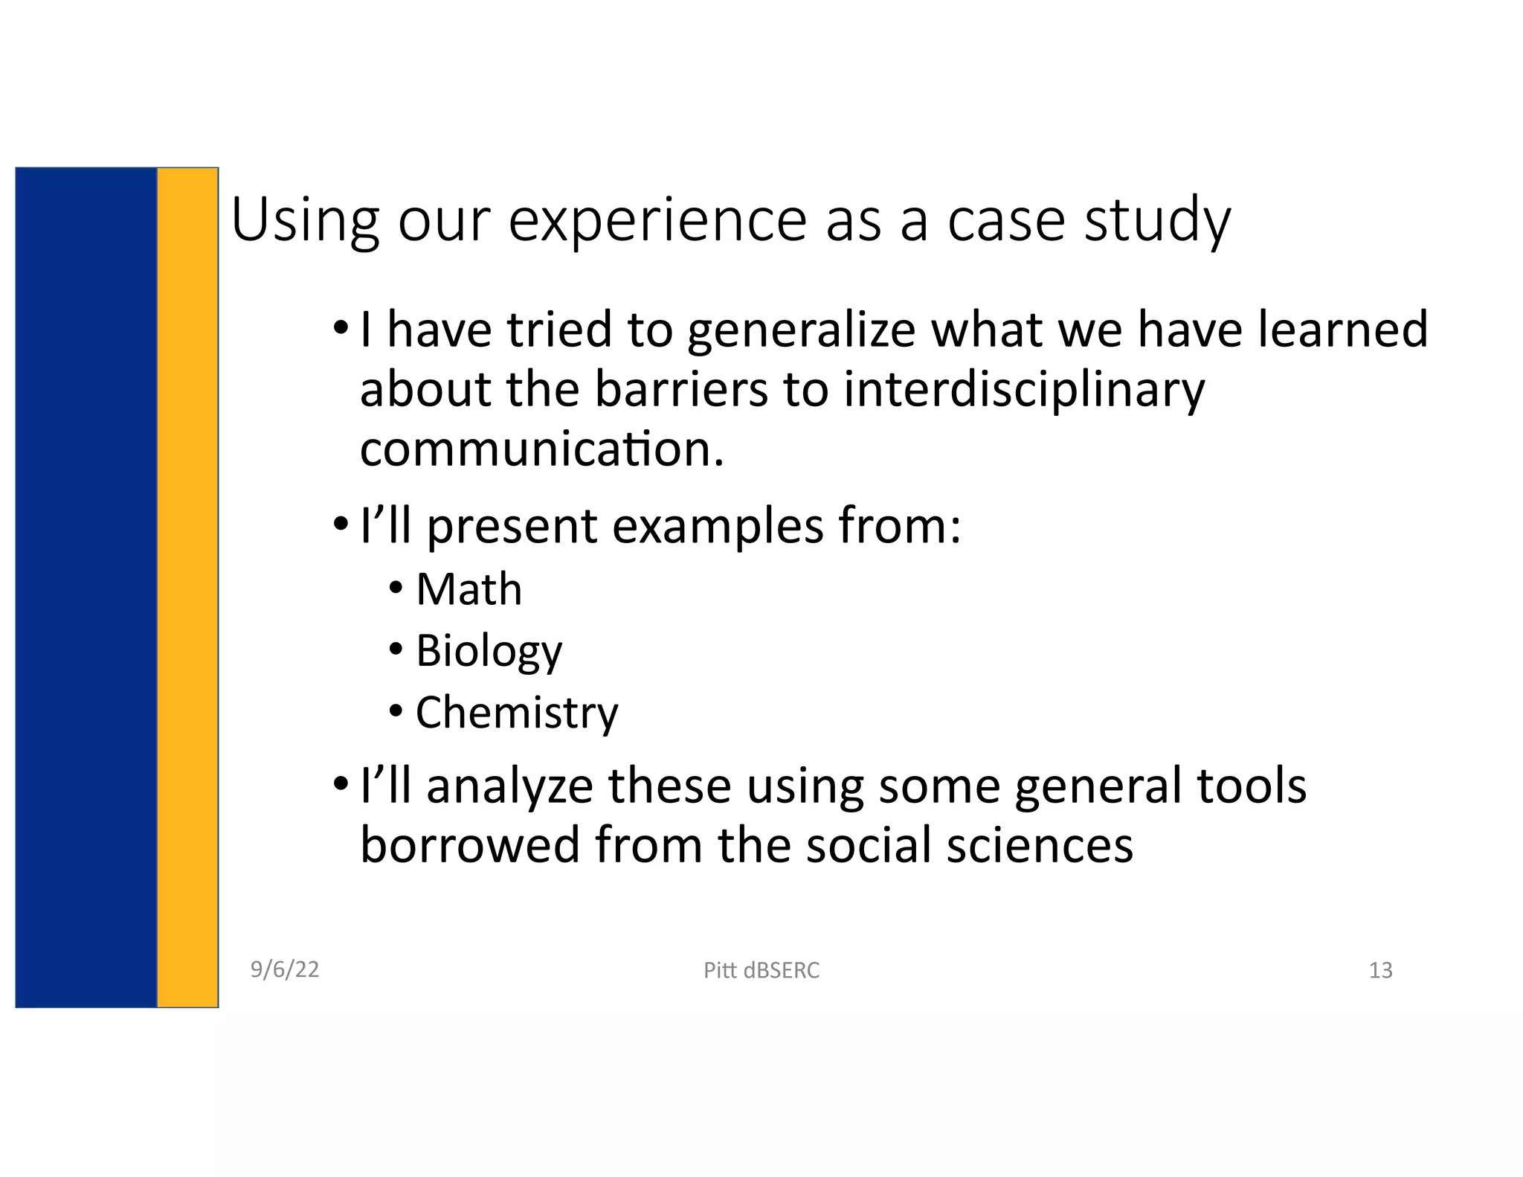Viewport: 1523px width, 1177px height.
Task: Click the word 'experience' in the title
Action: tap(657, 221)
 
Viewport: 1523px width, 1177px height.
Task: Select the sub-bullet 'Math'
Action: tap(469, 589)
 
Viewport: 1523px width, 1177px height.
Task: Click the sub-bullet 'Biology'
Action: tap(489, 651)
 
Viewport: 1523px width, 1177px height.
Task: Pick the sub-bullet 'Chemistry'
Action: tap(517, 713)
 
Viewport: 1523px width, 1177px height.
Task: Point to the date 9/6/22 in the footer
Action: tap(285, 969)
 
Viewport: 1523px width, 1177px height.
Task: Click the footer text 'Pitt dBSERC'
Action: tap(761, 970)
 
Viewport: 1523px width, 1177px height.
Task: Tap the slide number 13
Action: tap(1380, 970)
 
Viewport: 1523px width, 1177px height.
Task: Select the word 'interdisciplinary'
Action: tap(1024, 389)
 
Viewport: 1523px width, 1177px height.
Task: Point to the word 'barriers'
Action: tap(681, 389)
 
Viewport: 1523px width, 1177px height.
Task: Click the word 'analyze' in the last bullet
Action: tap(509, 786)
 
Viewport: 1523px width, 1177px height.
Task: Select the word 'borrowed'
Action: tap(469, 846)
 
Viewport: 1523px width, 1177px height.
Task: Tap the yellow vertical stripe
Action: tap(187, 588)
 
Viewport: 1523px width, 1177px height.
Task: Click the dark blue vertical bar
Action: tap(86, 588)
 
